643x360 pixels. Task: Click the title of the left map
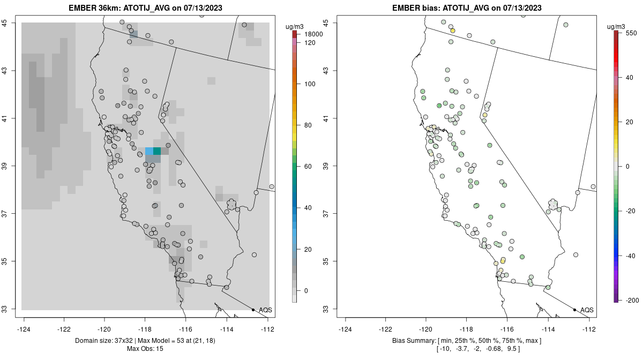[x=146, y=8]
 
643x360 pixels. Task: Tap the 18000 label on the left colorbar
[x=313, y=34]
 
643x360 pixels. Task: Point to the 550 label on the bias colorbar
[x=630, y=33]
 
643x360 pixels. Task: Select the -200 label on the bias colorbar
[x=632, y=299]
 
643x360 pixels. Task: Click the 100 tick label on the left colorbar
[x=309, y=84]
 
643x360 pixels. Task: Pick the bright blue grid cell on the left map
[x=149, y=151]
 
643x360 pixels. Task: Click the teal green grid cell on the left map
[x=156, y=151]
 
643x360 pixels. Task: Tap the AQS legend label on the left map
[x=265, y=310]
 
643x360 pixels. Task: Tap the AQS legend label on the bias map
[x=587, y=310]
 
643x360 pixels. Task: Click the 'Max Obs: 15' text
[x=145, y=349]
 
